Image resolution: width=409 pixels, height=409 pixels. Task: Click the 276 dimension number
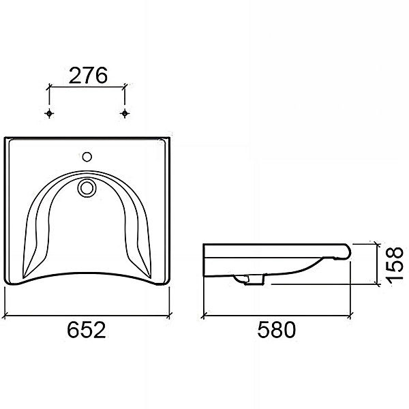[x=88, y=76]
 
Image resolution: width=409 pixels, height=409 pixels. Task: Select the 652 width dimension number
[x=87, y=330]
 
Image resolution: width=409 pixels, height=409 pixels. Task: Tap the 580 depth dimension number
[x=277, y=330]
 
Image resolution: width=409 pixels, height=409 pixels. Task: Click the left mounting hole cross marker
[x=49, y=113]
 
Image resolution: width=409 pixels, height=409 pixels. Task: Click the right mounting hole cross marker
[x=125, y=113]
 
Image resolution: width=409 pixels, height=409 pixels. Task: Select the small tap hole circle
[x=87, y=157]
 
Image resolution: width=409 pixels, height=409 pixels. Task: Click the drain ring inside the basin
[x=87, y=188]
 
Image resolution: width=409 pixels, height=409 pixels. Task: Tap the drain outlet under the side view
[x=249, y=279]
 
